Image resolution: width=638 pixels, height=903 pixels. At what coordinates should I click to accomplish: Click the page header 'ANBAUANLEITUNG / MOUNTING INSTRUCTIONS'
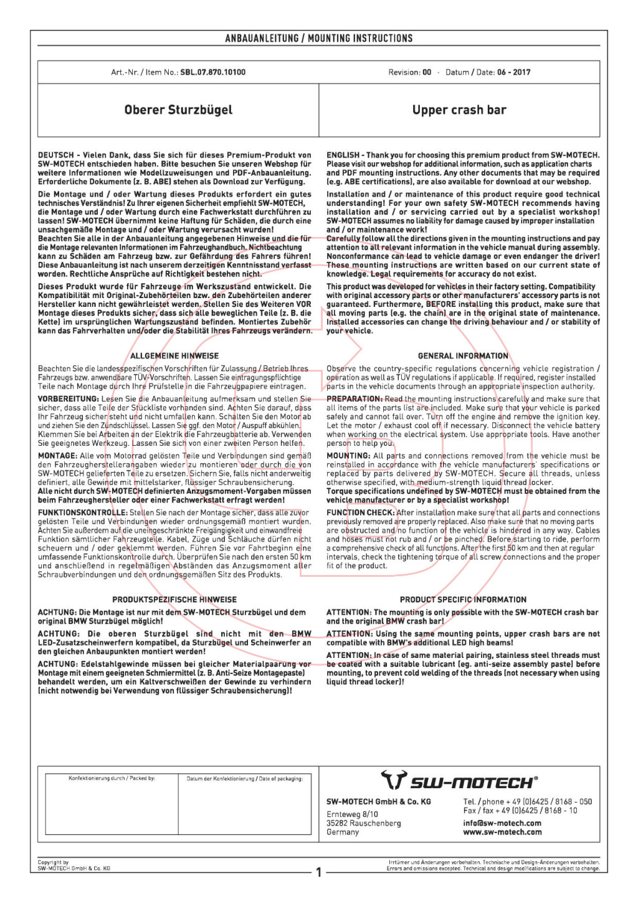coord(318,39)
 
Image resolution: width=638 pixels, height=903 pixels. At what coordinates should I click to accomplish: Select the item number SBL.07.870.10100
coord(212,72)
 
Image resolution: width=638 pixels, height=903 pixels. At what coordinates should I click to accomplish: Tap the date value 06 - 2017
coord(513,72)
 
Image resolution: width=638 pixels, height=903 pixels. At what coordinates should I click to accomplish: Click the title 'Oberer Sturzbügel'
coord(178,110)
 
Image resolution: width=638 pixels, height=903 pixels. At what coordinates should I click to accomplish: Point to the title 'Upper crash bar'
coord(459,110)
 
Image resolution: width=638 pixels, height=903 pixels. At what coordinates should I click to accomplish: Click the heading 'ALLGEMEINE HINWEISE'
coord(174,356)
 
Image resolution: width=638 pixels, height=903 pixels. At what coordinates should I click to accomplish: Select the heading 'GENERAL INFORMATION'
coord(463,356)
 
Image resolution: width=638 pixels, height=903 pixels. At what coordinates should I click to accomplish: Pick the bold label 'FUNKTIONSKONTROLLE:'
coord(82,513)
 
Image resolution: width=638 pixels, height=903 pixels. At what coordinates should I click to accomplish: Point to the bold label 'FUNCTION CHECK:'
coord(360,513)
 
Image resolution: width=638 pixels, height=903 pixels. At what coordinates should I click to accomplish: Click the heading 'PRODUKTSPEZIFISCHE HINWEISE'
coord(174,600)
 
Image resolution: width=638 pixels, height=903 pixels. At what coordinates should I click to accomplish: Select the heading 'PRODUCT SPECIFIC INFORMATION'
coord(463,600)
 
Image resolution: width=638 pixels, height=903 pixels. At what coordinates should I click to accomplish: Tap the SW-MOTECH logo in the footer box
coord(459,781)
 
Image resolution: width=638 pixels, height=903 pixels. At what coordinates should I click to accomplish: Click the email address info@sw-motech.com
coord(502,823)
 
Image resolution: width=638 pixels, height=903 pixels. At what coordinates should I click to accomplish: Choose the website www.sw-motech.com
coord(502,832)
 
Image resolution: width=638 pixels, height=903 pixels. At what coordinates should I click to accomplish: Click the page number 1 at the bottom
coord(319,872)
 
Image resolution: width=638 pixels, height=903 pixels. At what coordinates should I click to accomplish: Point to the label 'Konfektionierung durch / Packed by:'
coord(112,778)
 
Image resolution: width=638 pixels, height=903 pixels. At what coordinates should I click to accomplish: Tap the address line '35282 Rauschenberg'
coord(364,823)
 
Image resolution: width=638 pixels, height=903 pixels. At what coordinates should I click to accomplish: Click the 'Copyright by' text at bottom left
coord(53,862)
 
